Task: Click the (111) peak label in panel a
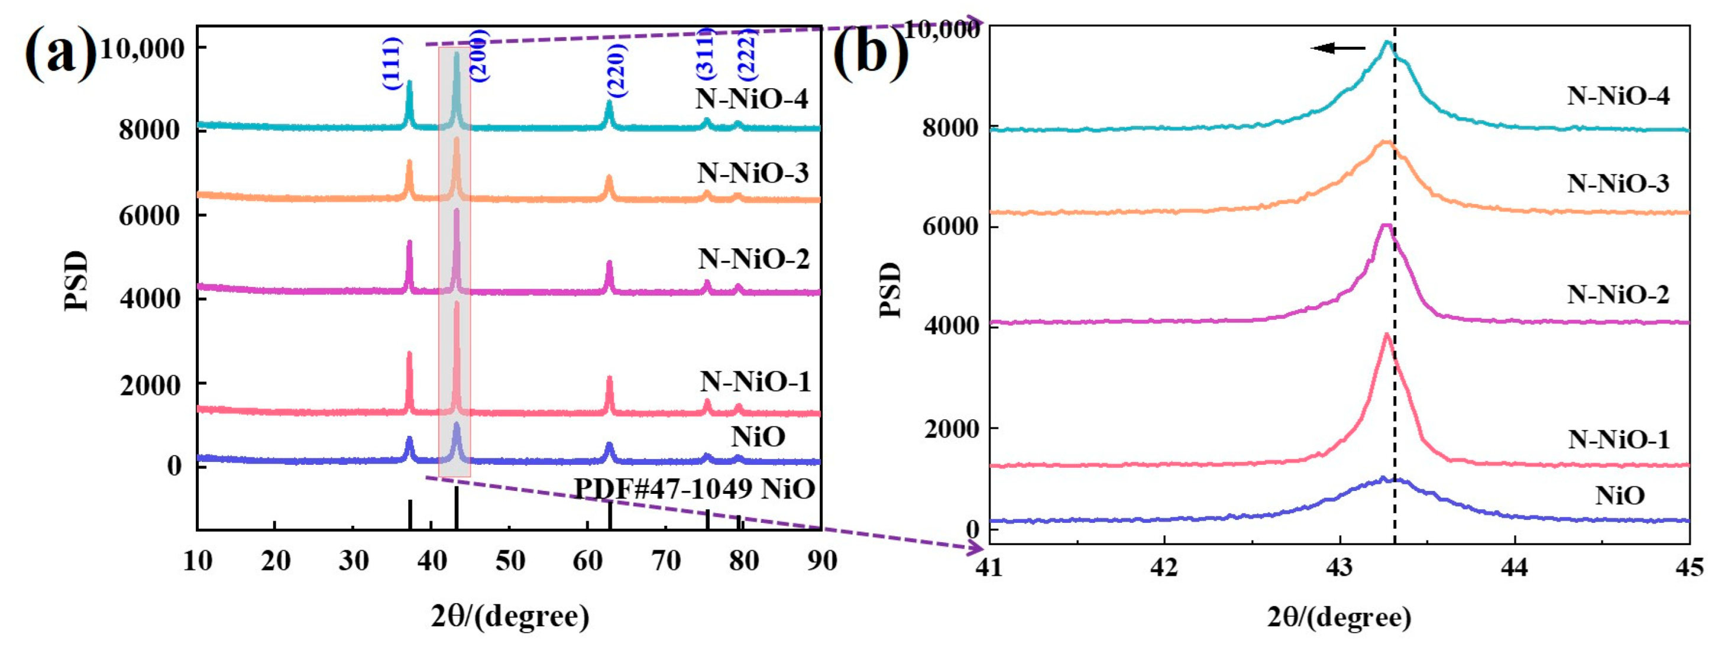coord(392,63)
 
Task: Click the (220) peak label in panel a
coord(616,71)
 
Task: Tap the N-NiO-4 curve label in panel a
coord(752,99)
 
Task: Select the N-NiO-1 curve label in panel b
coord(1619,439)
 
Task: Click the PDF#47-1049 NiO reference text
coord(694,490)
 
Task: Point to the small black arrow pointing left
coord(1337,48)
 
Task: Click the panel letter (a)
coord(60,53)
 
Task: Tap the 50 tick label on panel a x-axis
coord(510,561)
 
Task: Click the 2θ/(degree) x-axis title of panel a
coord(510,616)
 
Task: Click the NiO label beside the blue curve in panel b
coord(1619,496)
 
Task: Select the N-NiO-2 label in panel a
coord(753,259)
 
